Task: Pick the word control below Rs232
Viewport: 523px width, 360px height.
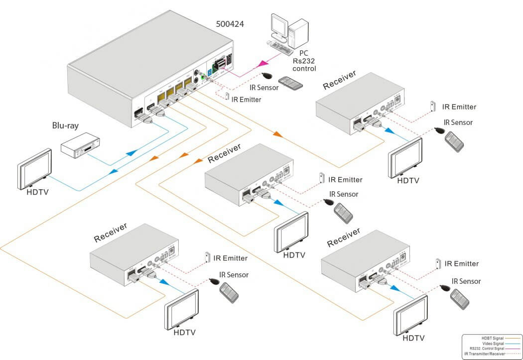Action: coord(305,69)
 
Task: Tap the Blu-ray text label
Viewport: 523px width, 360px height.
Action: coord(65,125)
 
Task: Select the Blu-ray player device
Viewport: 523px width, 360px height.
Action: coord(78,146)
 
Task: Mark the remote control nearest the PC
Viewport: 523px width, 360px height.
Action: coord(291,84)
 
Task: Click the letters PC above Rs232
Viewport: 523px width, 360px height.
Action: coord(304,53)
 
